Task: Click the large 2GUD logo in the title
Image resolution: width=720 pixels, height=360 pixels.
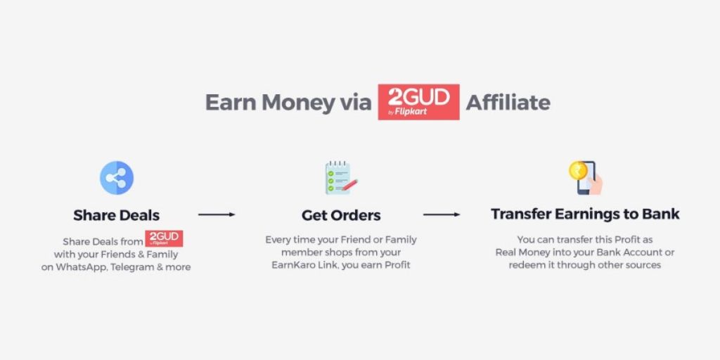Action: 418,102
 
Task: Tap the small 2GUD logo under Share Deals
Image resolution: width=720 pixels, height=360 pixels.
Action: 164,239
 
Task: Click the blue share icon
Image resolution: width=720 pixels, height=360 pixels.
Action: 117,178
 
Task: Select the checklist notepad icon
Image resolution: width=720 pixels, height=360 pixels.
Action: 341,178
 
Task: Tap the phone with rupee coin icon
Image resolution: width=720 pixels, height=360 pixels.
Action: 586,178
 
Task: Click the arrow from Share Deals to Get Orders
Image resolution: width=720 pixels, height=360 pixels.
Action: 217,214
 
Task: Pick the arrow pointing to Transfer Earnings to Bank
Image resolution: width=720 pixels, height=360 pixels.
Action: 442,214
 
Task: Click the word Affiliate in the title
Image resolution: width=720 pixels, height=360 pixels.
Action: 508,103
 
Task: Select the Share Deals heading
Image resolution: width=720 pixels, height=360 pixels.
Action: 117,215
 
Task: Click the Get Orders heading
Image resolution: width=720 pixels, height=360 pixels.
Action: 341,215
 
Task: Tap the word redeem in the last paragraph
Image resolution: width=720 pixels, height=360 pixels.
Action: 525,265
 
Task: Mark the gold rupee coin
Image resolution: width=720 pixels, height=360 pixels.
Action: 577,171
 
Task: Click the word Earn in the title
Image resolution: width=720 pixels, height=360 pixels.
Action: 231,103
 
